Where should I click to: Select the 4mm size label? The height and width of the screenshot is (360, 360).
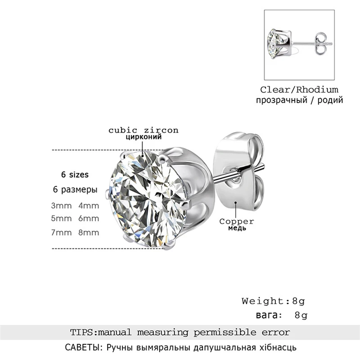(89, 206)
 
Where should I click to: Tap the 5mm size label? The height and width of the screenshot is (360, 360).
(61, 219)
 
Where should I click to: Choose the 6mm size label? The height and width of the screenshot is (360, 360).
(89, 219)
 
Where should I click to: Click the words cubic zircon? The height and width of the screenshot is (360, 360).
(143, 130)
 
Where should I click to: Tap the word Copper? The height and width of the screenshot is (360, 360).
(237, 221)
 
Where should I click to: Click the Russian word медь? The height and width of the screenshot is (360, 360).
(237, 228)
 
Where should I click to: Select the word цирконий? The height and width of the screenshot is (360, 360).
(143, 138)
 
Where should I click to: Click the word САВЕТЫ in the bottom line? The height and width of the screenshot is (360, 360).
(76, 348)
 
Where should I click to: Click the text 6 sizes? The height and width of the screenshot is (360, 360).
(75, 174)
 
